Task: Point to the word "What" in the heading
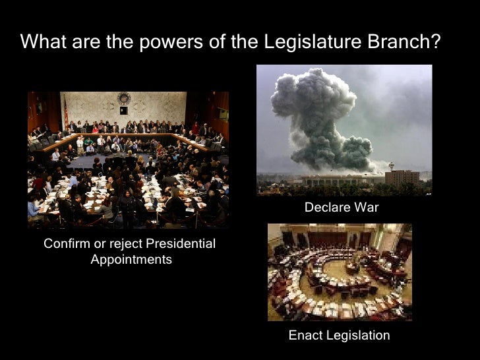[x=41, y=42]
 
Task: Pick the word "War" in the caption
[x=367, y=208]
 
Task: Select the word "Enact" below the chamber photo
[x=306, y=336]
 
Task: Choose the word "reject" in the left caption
[x=125, y=245]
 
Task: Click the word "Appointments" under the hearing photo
[x=131, y=260]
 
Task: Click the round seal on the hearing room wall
[x=123, y=98]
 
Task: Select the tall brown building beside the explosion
[x=402, y=177]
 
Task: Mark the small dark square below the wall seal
[x=123, y=110]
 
